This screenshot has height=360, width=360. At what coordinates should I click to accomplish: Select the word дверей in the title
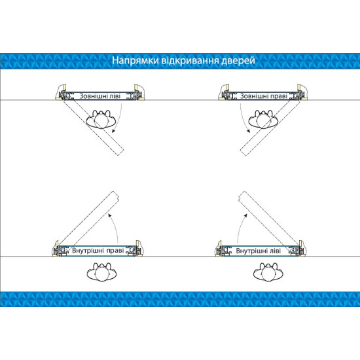[x=238, y=61]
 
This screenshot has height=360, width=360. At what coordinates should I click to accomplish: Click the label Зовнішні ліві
[x=100, y=96]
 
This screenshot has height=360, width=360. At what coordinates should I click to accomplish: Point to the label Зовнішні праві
[x=264, y=96]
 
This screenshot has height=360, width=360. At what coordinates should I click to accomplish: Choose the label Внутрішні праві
[x=98, y=250]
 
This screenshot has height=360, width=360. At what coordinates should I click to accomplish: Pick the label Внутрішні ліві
[x=259, y=251]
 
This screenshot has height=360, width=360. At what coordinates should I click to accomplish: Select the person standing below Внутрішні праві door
[x=101, y=272]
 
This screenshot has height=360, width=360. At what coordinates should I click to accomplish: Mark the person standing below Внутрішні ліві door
[x=268, y=272]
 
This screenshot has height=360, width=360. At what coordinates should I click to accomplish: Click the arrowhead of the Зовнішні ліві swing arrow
[x=113, y=131]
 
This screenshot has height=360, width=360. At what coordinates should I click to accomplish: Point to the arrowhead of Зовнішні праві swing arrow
[x=248, y=131]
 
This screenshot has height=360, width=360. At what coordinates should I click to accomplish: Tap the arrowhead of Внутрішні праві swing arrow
[x=110, y=215]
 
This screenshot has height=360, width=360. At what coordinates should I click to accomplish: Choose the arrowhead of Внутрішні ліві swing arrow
[x=245, y=215]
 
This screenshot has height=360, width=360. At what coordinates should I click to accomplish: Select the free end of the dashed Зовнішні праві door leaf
[x=243, y=153]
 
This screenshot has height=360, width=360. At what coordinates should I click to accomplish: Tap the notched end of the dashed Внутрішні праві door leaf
[x=116, y=195]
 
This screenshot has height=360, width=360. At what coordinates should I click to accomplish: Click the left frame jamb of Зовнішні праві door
[x=224, y=92]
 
